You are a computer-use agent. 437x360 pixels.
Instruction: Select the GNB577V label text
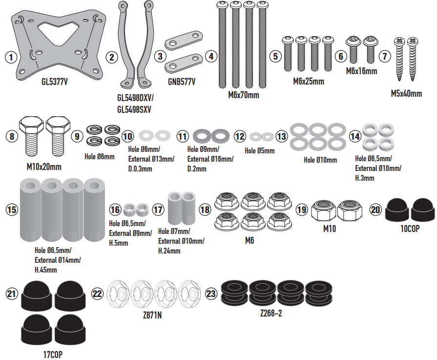(x=181, y=82)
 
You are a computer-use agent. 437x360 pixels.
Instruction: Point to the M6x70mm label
(x=243, y=95)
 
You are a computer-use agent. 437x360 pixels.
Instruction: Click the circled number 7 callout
(x=386, y=57)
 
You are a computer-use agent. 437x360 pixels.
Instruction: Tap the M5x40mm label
(x=406, y=93)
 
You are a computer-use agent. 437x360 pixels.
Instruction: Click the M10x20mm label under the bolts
(x=44, y=167)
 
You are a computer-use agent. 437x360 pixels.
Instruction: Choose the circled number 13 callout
(x=282, y=136)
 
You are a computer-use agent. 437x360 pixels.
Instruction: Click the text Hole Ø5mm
(x=259, y=151)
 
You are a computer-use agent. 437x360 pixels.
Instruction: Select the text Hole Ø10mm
(x=320, y=160)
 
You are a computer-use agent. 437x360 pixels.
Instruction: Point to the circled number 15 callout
(x=11, y=210)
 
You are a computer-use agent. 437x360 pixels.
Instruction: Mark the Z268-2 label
(x=271, y=313)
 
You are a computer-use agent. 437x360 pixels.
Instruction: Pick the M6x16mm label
(x=361, y=71)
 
